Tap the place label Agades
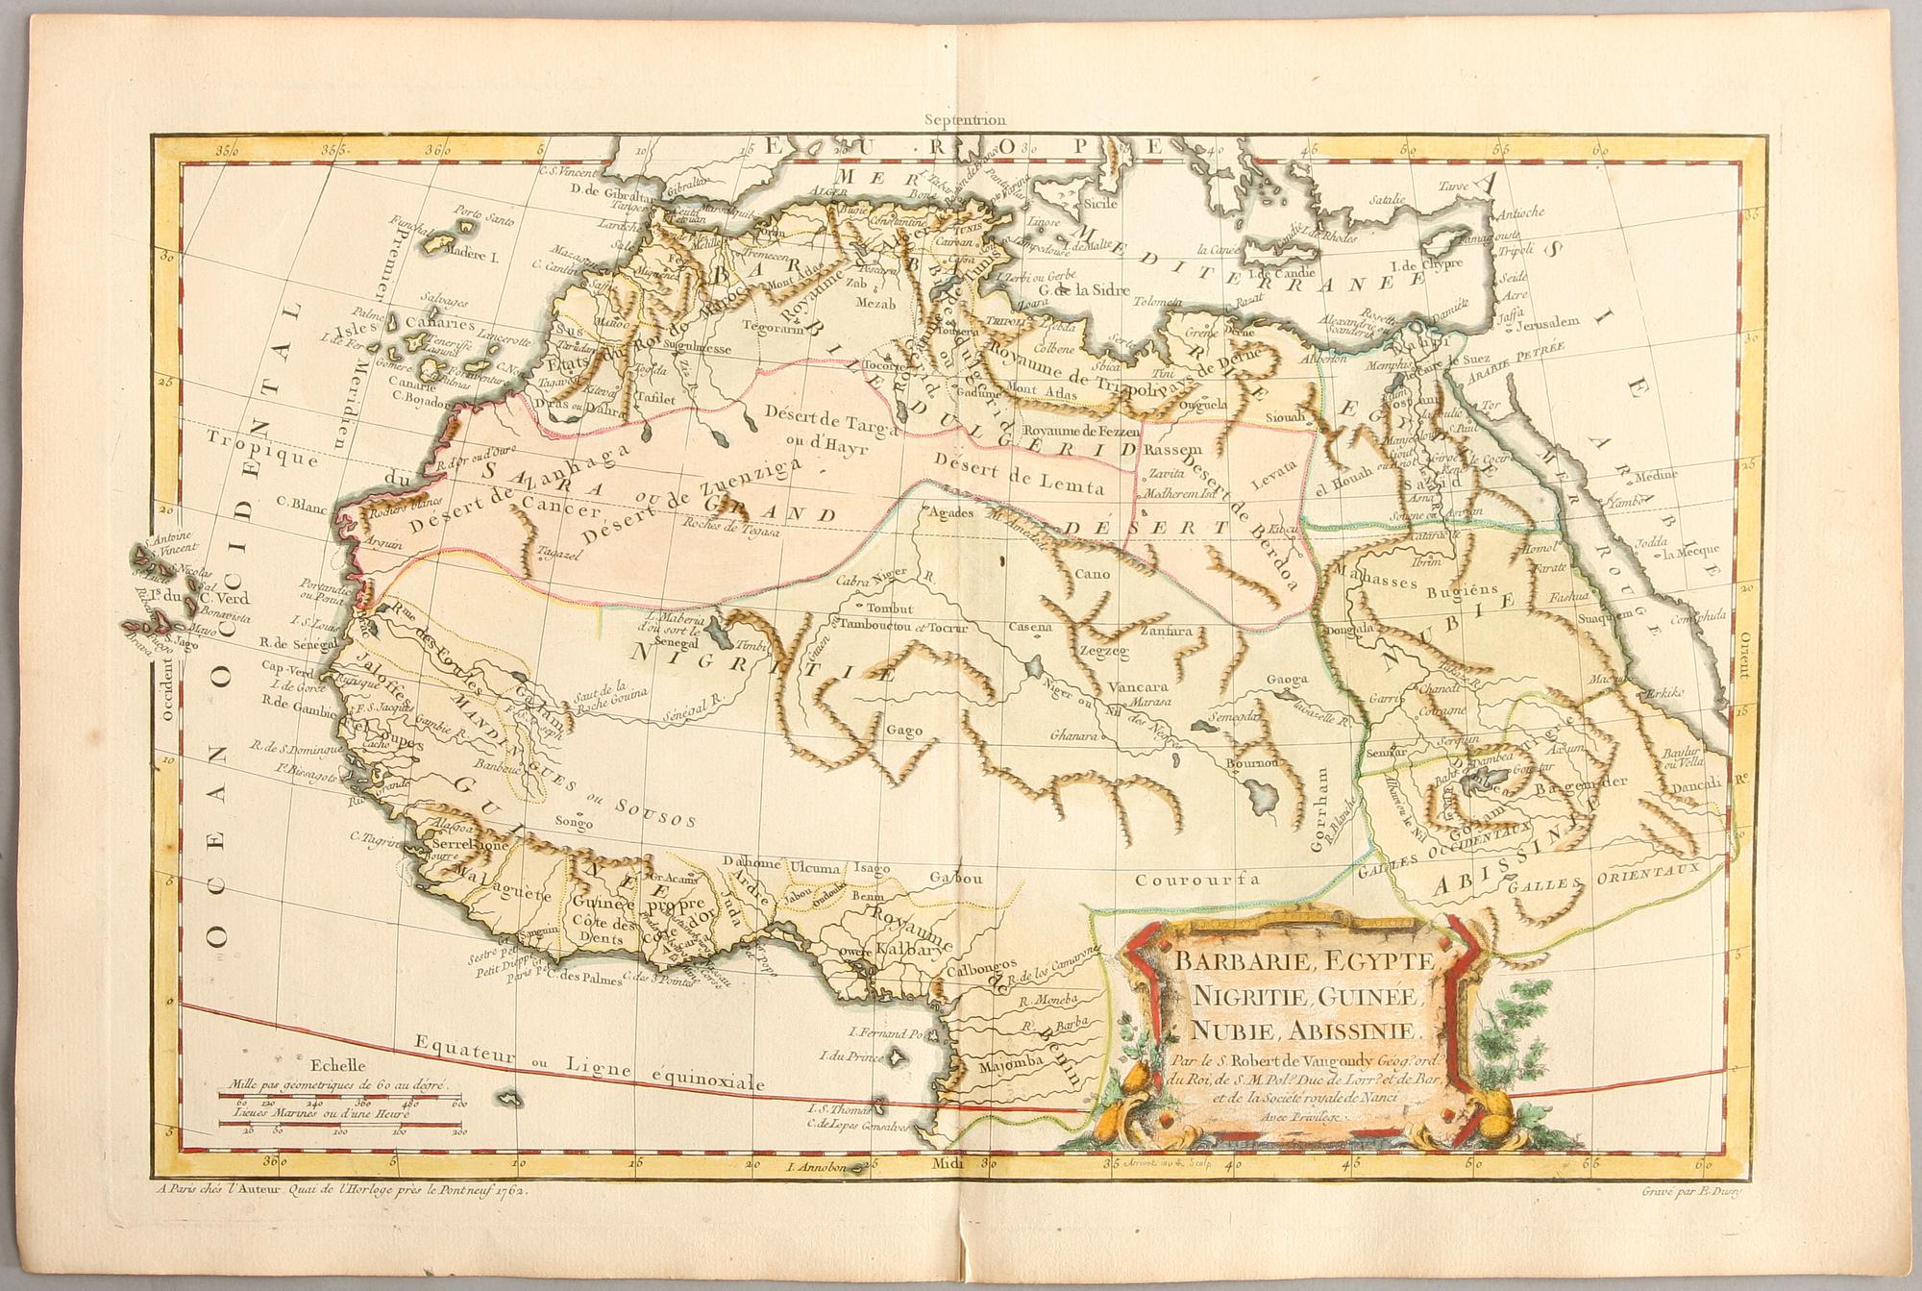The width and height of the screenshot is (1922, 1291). pos(949,513)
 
